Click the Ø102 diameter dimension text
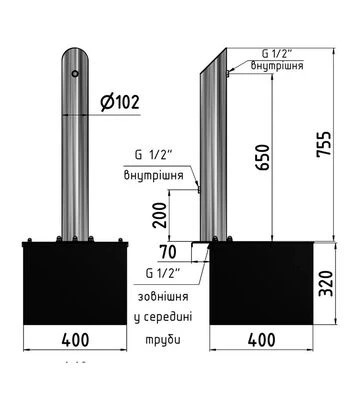coord(120,102)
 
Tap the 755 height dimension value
coord(324,144)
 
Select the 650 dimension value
coord(263,157)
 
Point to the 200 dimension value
coord(159,215)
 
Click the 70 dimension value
coord(168,252)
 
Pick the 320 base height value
coord(326,284)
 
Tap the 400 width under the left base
coord(75,340)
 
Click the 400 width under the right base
coord(262,340)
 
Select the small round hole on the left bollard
coord(75,73)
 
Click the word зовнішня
coord(163,296)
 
